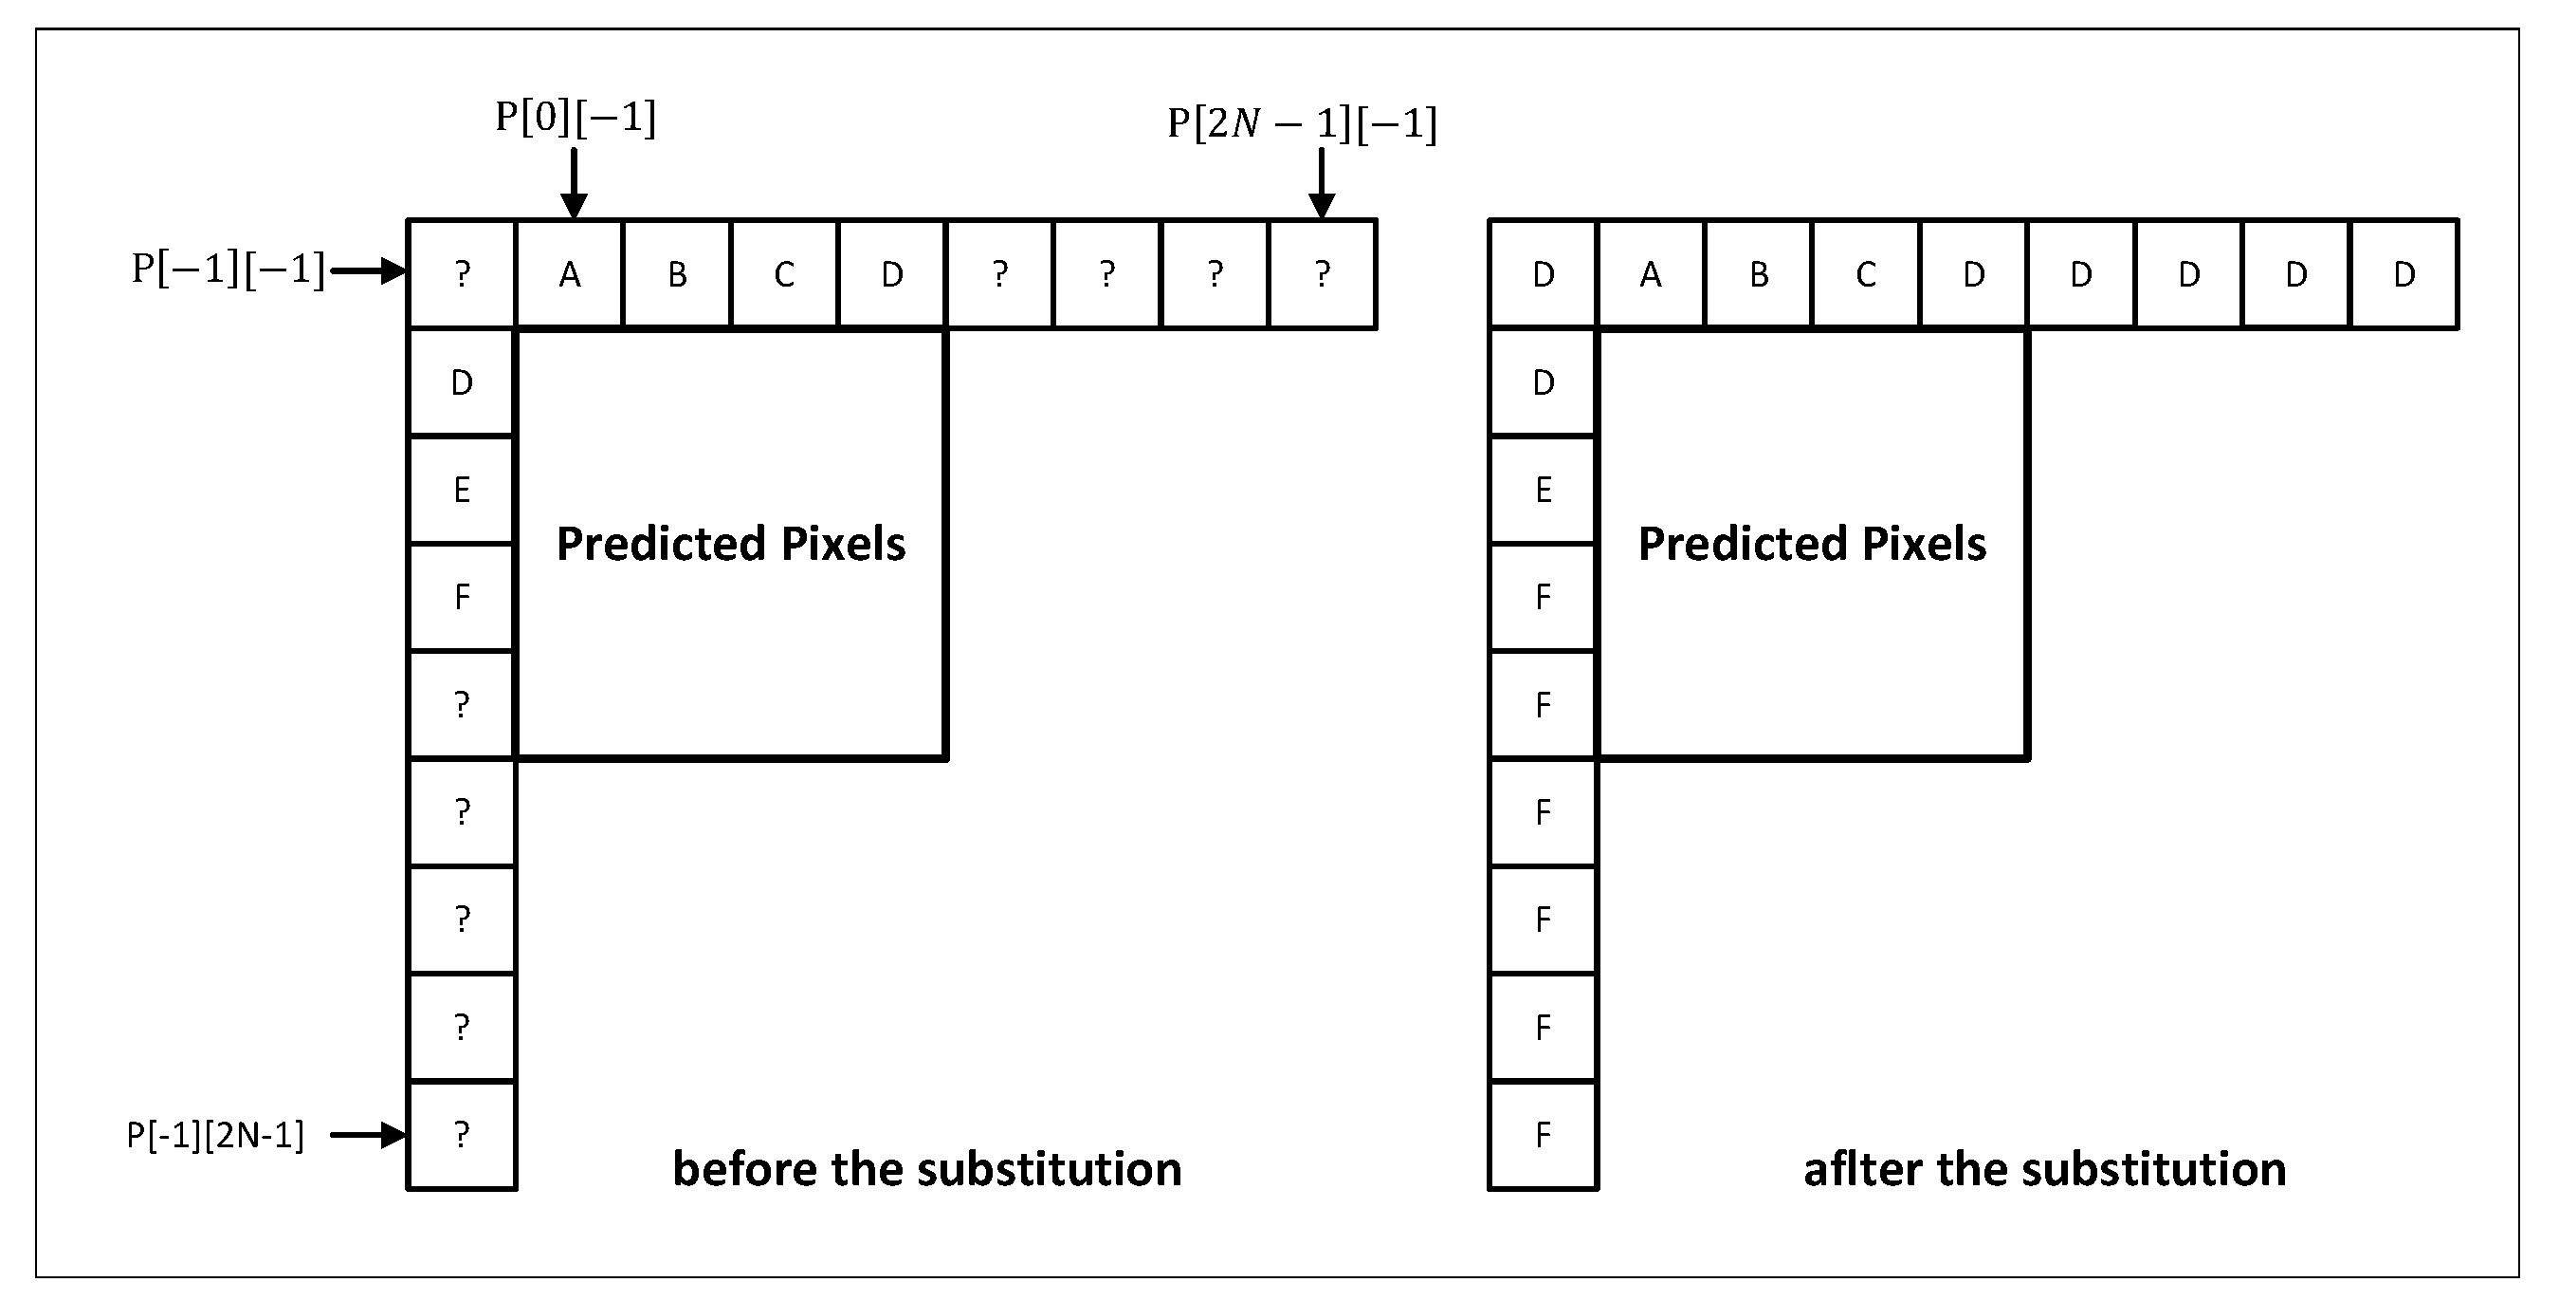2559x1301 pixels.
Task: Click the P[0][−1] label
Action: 576,119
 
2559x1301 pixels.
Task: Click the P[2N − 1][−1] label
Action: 1302,124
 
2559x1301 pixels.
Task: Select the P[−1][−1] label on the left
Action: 228,269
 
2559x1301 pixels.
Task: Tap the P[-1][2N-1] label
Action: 214,1135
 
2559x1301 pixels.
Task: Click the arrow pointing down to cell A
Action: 575,183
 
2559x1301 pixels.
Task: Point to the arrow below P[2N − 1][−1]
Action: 1322,183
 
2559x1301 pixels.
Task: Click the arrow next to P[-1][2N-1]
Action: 368,1135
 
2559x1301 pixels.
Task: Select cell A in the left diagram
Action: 569,274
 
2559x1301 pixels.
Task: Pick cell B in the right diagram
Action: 1759,274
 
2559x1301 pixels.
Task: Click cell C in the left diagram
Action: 784,274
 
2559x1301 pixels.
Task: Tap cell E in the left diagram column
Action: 462,490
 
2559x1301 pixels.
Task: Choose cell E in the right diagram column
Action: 1543,490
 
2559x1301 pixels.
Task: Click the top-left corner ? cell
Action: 462,274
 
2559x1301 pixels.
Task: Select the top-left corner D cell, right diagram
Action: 1543,274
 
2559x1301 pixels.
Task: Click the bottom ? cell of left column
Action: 462,1135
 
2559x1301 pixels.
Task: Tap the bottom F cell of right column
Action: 1543,1135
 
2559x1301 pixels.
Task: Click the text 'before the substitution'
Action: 927,1169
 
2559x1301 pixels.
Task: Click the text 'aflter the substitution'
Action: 2044,1169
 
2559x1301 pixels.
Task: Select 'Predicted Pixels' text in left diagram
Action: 730,544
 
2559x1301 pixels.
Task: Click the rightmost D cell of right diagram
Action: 2404,274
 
